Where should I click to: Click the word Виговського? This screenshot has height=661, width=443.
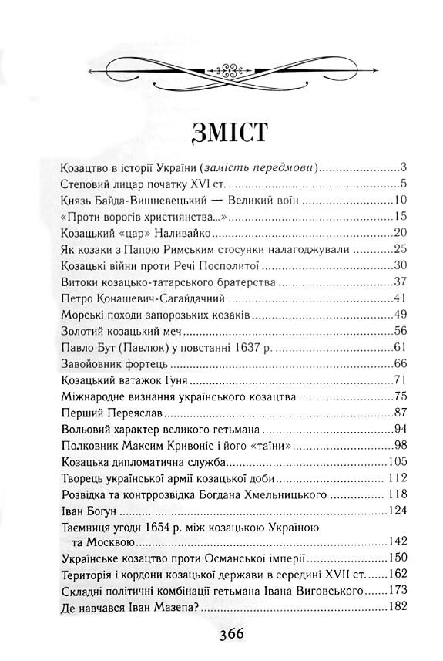click(x=327, y=592)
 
